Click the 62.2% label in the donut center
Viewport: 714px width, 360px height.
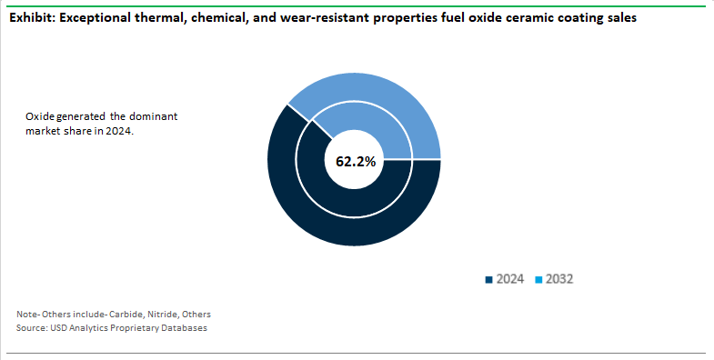click(356, 162)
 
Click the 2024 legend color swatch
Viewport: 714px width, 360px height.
click(489, 279)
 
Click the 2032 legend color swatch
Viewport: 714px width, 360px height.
click(537, 279)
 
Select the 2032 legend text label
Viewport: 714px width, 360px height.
click(558, 279)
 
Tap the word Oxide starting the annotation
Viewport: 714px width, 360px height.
click(38, 117)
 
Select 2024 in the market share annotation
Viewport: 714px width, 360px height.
click(118, 132)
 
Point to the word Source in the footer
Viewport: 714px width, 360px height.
click(30, 327)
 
